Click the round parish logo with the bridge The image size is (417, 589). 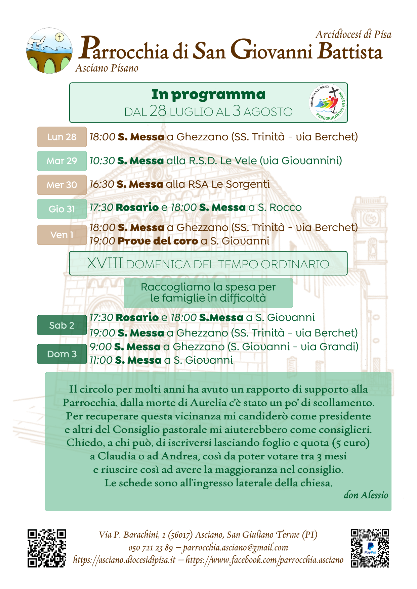pyautogui.click(x=49, y=51)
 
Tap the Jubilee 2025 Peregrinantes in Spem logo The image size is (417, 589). pyautogui.click(x=327, y=102)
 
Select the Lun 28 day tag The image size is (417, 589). pyautogui.click(x=61, y=137)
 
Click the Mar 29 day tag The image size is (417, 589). pyautogui.click(x=61, y=161)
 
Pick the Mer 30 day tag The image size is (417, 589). pyautogui.click(x=61, y=185)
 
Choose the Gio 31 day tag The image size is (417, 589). pyautogui.click(x=61, y=209)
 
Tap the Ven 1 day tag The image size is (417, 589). pyautogui.click(x=61, y=235)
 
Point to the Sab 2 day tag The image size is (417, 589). pyautogui.click(x=61, y=325)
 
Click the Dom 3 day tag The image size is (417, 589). pyautogui.click(x=61, y=354)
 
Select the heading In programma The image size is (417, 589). pyautogui.click(x=208, y=95)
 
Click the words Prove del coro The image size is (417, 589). pyautogui.click(x=158, y=241)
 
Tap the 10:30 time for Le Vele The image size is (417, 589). pyautogui.click(x=102, y=161)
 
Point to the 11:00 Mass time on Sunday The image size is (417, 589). pyautogui.click(x=101, y=360)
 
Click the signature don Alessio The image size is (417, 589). pyautogui.click(x=366, y=495)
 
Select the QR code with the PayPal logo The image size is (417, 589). pyautogui.click(x=370, y=548)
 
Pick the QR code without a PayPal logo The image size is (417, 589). pyautogui.click(x=47, y=548)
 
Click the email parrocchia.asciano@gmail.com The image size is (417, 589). pyautogui.click(x=236, y=547)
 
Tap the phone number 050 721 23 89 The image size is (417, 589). pyautogui.click(x=151, y=548)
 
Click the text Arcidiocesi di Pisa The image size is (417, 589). pyautogui.click(x=353, y=35)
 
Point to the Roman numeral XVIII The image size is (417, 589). pyautogui.click(x=105, y=264)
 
